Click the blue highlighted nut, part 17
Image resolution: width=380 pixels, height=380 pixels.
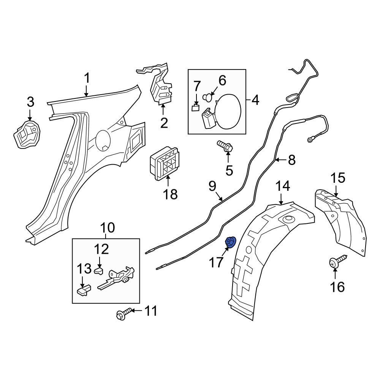pos(231,242)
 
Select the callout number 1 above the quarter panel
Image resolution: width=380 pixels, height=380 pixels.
pos(87,79)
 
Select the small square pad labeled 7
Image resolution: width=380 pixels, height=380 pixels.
pos(196,108)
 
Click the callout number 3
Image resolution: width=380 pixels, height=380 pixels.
pos(30,102)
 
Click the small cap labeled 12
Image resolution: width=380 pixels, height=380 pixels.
pos(99,270)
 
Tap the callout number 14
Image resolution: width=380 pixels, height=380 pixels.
pos(283,186)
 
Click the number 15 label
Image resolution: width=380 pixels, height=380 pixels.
pos(337,178)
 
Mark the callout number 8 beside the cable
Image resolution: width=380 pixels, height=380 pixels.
pos(291,160)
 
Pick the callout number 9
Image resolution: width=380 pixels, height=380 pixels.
pos(212,186)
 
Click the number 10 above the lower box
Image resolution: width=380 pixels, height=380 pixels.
pos(107,228)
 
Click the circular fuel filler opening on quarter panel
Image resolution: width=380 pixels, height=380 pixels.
pos(104,141)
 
